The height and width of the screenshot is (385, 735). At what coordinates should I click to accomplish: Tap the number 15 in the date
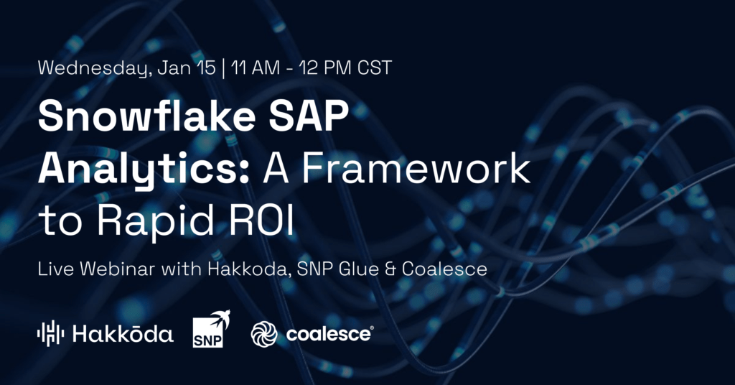[206, 68]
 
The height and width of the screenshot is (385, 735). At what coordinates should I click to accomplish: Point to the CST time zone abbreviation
[375, 68]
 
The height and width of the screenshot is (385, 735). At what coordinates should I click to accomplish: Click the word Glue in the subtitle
[362, 269]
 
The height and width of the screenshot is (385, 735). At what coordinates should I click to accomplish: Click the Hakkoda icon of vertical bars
[51, 333]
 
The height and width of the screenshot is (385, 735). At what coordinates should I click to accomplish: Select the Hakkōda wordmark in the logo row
[123, 334]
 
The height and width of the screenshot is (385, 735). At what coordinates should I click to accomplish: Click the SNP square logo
[207, 333]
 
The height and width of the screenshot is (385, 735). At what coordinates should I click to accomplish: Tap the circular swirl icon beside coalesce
[264, 334]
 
